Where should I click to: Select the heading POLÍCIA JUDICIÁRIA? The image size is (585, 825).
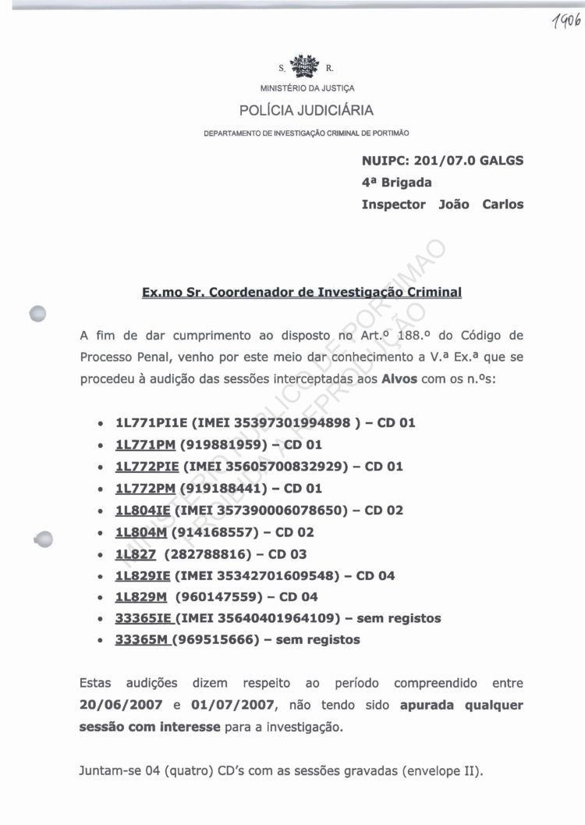coord(306,110)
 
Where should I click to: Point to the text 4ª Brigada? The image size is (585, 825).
coord(396,183)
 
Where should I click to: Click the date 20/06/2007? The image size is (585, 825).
coord(122,705)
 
